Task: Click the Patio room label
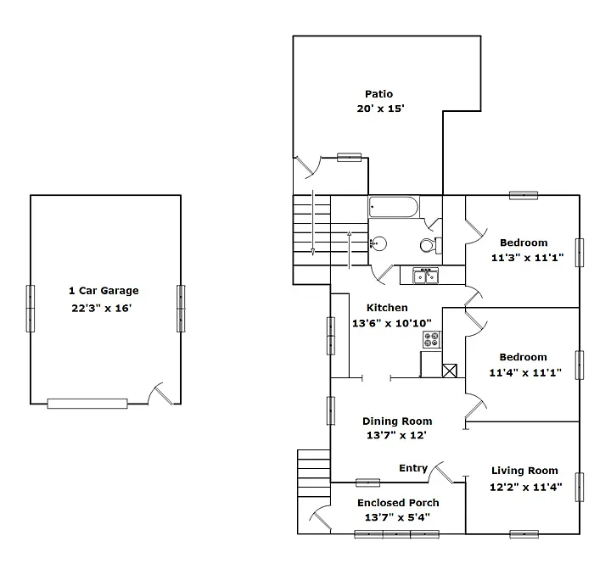point(378,94)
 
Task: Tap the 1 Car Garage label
point(104,291)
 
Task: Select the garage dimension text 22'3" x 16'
point(102,309)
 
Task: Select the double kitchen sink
point(424,276)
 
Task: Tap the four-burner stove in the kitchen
point(432,340)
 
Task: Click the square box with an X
point(451,370)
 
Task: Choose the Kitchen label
point(387,308)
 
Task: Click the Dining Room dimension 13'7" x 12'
point(396,435)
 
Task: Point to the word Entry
point(413,469)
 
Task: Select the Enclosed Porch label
point(398,503)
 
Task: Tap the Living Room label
point(524,471)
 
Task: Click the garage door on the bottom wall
point(87,404)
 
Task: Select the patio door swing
point(307,167)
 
